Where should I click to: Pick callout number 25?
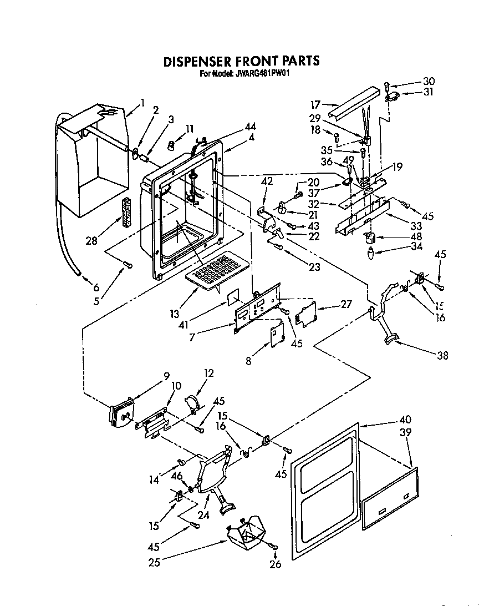154,562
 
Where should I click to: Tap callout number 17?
315,103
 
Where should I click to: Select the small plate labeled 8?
277,336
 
